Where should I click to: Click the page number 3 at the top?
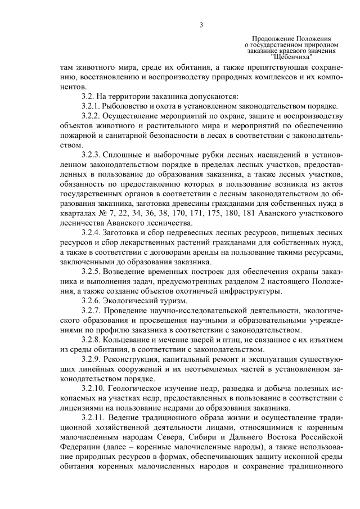pos(201,25)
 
